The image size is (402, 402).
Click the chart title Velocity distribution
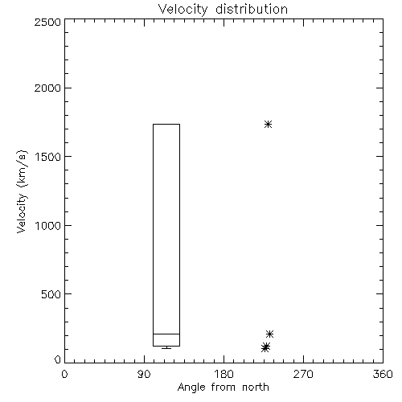(223, 10)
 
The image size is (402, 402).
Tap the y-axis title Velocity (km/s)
(22, 192)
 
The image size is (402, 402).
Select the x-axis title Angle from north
(223, 387)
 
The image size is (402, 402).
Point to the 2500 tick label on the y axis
(47, 22)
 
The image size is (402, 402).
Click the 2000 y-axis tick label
(47, 88)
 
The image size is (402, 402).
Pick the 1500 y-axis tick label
(48, 157)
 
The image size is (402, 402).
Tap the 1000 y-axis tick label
(48, 226)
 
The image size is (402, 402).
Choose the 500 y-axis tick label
(51, 294)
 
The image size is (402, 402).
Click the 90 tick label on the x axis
(144, 374)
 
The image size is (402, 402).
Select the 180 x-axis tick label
(224, 374)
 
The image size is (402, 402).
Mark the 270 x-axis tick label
(303, 374)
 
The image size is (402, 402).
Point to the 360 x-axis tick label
(383, 374)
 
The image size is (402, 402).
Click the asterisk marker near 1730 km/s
(268, 124)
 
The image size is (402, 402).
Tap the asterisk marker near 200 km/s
(269, 334)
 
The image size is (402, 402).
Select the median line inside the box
(166, 334)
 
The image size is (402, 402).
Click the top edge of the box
(166, 124)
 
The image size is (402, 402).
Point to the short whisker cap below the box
(166, 348)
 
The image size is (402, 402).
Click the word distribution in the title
(252, 10)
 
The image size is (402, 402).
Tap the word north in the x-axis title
(256, 387)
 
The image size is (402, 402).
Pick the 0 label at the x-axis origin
(64, 374)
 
